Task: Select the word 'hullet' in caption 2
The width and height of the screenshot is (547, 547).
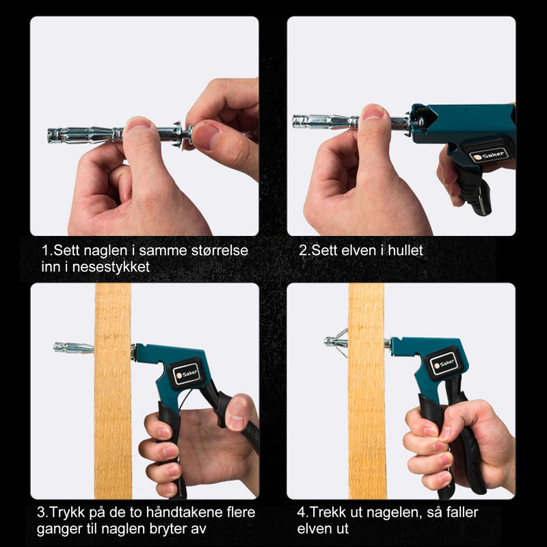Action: (405, 250)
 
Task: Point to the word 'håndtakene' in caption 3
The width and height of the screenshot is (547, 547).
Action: (183, 512)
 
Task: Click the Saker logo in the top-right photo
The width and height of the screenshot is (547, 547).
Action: (488, 155)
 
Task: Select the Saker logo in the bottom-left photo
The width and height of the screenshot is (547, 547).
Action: (187, 374)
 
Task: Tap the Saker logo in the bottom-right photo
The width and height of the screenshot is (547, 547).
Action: (444, 364)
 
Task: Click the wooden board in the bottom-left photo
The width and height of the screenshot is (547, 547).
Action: (113, 390)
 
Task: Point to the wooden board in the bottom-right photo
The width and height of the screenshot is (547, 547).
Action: (366, 390)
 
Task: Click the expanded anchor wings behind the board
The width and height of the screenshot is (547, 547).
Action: (341, 343)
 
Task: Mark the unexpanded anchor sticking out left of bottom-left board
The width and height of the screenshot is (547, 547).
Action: (74, 348)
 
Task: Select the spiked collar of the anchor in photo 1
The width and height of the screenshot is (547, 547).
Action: (179, 133)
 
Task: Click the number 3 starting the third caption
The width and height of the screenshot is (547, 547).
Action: (41, 512)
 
